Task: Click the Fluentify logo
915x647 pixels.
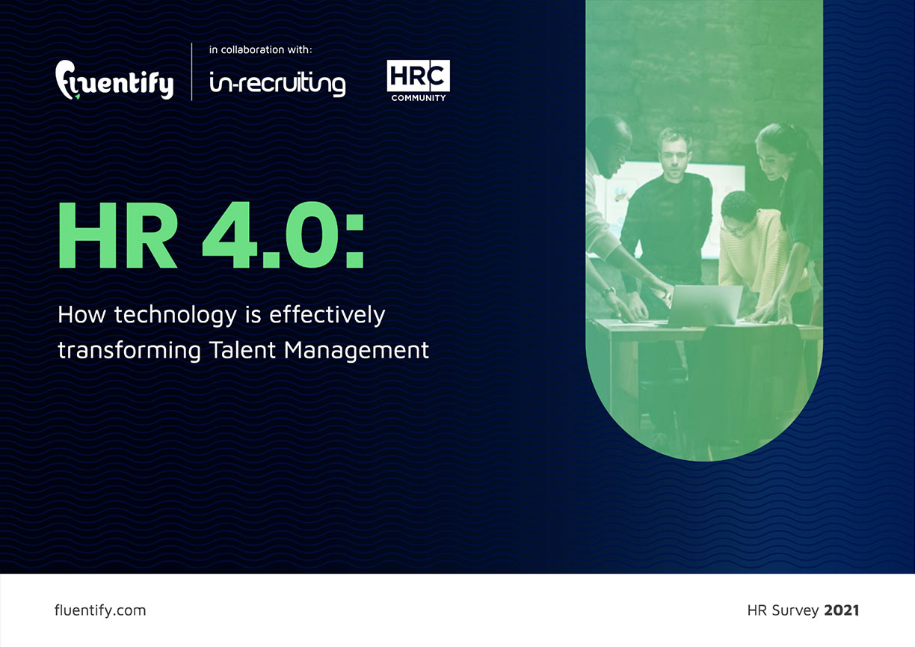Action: pos(114,80)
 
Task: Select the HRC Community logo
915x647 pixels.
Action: pos(419,81)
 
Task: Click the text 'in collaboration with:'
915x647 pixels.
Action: pos(260,50)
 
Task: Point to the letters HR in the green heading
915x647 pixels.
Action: pos(118,235)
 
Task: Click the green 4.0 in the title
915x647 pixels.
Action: pos(271,235)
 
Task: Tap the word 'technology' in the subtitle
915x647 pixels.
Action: pos(176,316)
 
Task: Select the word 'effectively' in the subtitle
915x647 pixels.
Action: pos(327,315)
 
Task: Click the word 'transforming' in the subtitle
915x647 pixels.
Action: pos(129,351)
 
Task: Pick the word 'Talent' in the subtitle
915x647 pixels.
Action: pos(242,350)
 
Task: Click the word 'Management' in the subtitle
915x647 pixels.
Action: pos(356,351)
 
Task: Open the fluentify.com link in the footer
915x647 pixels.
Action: pos(100,610)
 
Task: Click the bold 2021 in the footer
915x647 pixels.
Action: pos(842,610)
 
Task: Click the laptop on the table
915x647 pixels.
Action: pos(705,304)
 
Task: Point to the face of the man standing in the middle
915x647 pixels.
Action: pos(674,152)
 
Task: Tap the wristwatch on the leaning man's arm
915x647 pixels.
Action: pos(608,292)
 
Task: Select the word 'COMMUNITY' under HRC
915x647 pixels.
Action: pos(419,98)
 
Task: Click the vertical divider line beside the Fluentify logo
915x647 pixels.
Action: pos(191,72)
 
